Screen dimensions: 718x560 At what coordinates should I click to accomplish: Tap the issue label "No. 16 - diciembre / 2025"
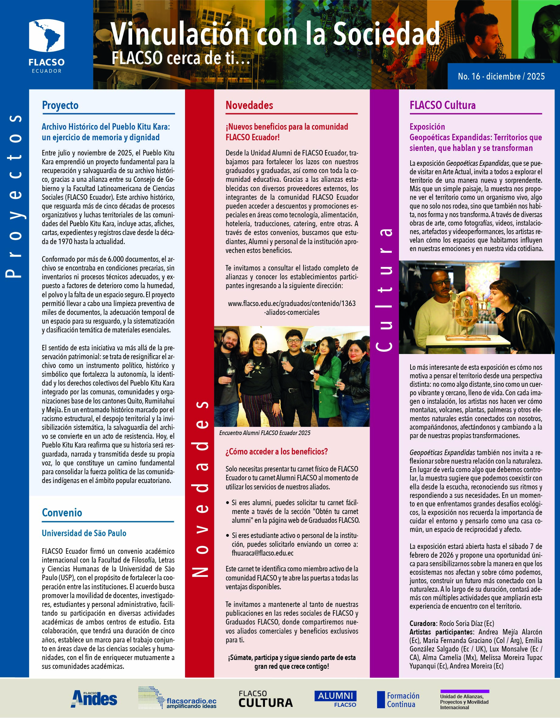[x=501, y=76]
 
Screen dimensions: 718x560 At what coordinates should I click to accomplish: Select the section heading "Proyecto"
[x=60, y=105]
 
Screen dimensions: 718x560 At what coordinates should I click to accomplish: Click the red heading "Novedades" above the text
[x=249, y=105]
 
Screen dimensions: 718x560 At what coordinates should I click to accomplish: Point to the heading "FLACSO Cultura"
[x=442, y=105]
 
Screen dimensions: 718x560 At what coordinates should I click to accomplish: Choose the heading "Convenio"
[x=62, y=512]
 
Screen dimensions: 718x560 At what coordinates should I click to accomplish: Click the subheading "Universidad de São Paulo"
[x=84, y=533]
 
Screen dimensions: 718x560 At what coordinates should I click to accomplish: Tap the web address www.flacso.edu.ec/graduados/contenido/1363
[x=291, y=303]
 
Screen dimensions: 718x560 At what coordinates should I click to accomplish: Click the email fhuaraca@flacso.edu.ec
[x=263, y=553]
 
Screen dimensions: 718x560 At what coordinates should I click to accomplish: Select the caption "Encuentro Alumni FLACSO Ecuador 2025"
[x=265, y=433]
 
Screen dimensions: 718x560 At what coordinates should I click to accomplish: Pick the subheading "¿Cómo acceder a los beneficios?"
[x=277, y=451]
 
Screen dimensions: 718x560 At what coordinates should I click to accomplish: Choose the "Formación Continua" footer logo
[x=398, y=700]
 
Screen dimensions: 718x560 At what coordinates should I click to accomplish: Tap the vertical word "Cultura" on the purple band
[x=384, y=289]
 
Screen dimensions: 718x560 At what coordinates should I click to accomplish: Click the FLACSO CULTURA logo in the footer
[x=266, y=699]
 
